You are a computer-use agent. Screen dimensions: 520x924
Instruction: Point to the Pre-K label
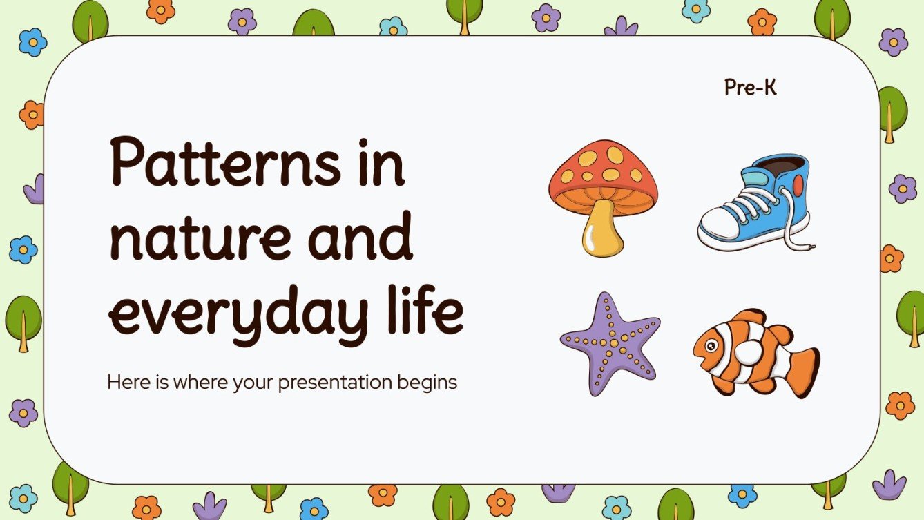tap(750, 88)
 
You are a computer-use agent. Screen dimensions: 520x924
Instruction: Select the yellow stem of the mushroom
tap(603, 231)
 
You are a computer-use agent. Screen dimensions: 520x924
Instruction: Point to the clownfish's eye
tap(706, 340)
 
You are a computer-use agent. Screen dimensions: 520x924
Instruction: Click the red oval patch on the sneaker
tap(798, 185)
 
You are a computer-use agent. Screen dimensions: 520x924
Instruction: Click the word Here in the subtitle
tap(124, 382)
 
